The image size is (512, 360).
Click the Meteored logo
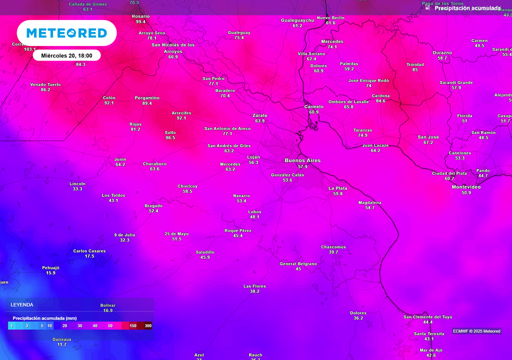[x=66, y=33]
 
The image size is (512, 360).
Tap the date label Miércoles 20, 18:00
[x=67, y=55]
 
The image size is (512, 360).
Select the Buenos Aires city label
[x=302, y=160]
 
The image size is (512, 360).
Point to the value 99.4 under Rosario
[x=140, y=22]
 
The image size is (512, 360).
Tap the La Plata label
[x=338, y=188]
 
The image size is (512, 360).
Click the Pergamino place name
[x=147, y=97]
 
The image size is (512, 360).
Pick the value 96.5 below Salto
[x=170, y=138]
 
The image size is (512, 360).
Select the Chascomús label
[x=333, y=247]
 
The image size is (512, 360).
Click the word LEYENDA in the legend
[x=22, y=304]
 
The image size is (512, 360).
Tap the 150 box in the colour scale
[x=133, y=326]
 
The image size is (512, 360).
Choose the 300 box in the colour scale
[x=148, y=326]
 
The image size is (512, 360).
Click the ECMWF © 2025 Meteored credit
[x=476, y=331]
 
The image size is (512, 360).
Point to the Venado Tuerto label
[x=45, y=84]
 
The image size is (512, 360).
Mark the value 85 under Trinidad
[x=415, y=70]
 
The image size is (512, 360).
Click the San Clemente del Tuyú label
[x=428, y=317]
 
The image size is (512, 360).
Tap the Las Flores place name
[x=254, y=286]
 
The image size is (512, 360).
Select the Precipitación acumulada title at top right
[x=467, y=8]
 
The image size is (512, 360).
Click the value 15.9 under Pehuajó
[x=50, y=273]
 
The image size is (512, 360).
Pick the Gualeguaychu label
[x=297, y=20]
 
